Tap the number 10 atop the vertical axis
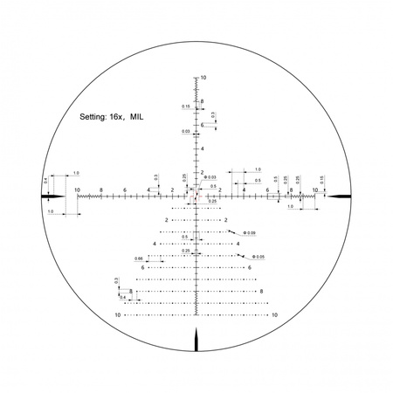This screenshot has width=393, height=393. coord(203,78)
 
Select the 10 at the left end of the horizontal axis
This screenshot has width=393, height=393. coord(78,190)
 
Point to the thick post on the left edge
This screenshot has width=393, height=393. coord(54,196)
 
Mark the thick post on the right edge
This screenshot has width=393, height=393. coord(339,196)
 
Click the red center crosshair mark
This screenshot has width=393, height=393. coord(196,196)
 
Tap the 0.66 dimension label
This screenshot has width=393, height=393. coord(139,259)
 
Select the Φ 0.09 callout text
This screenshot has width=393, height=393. coord(251,232)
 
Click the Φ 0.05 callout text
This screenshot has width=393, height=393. coord(259,256)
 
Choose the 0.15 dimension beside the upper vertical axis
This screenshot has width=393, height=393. coord(185,107)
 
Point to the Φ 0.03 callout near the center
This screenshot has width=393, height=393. coord(210,177)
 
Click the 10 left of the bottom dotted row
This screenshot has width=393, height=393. coord(119,314)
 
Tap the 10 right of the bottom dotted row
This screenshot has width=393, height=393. coord(274,314)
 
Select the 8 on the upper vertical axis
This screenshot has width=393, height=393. coord(203,101)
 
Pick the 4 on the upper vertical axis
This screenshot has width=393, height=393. coord(203,148)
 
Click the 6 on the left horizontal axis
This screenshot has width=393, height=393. coord(125,190)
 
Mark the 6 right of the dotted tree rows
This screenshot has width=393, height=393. coord(251,267)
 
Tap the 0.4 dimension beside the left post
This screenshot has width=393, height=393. coord(45,181)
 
